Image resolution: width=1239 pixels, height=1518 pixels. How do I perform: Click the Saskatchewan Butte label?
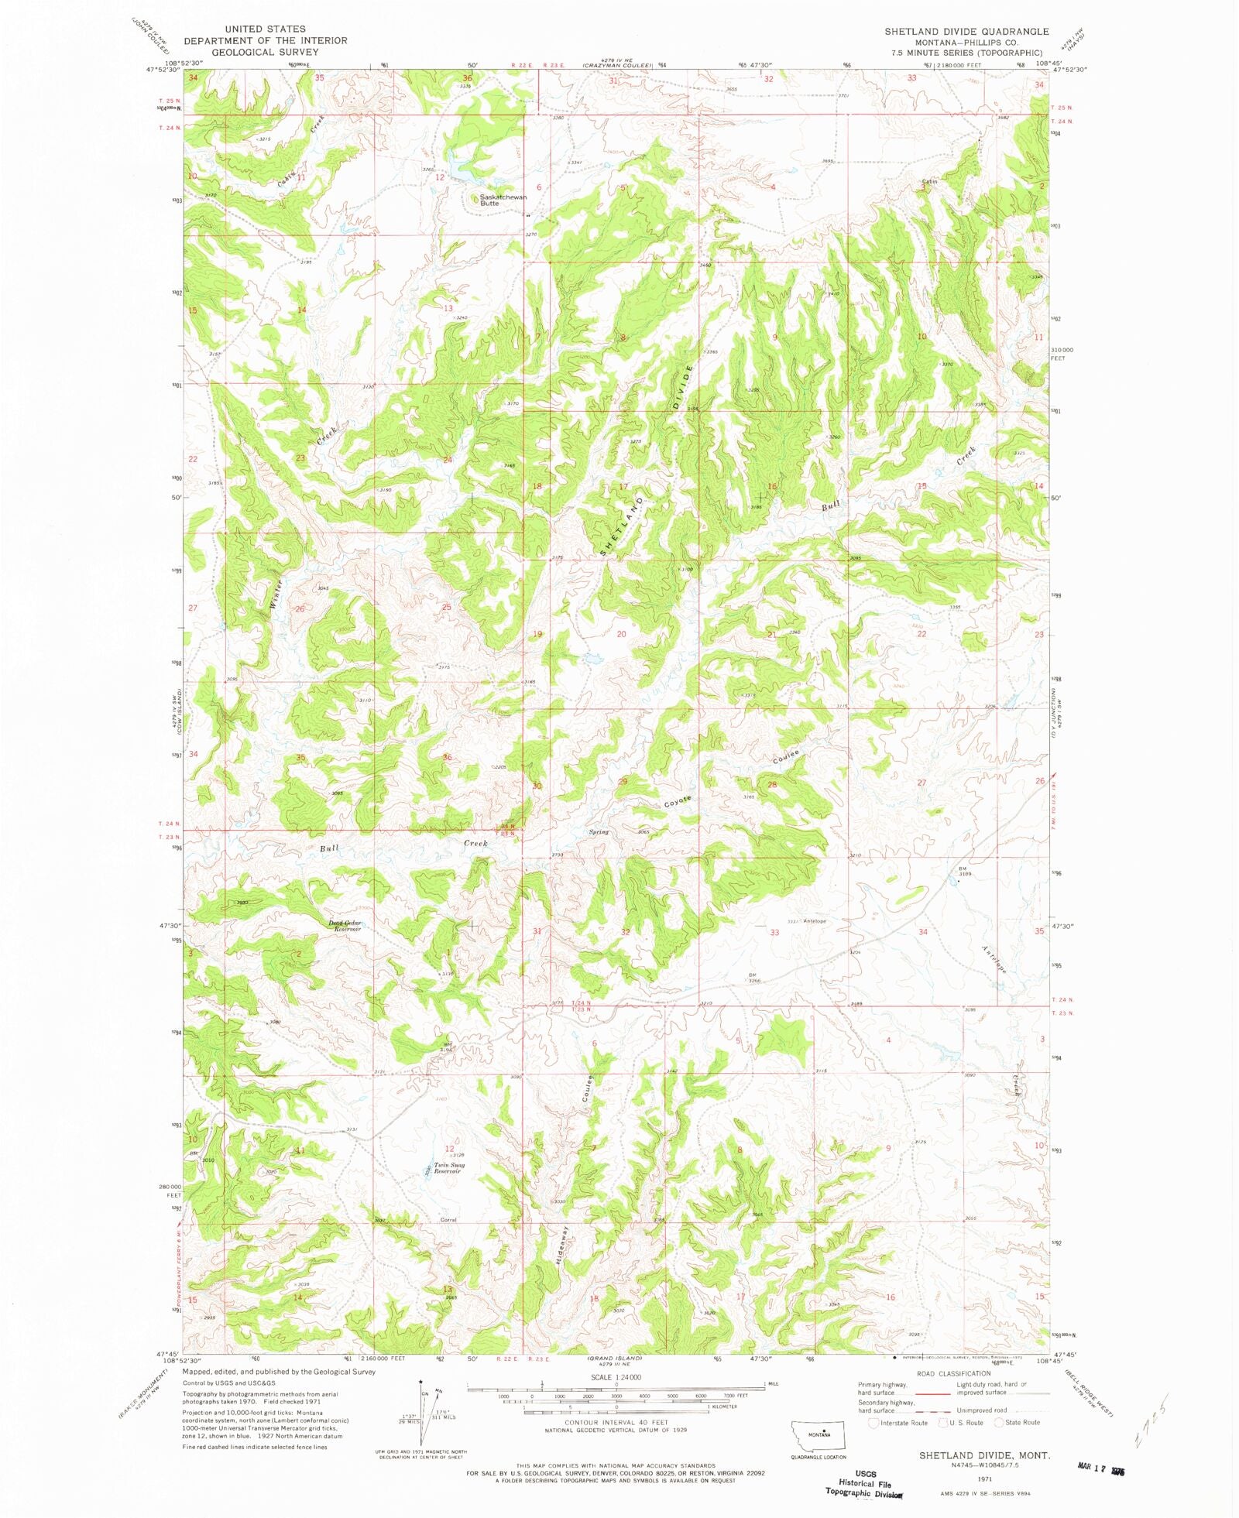[x=502, y=200]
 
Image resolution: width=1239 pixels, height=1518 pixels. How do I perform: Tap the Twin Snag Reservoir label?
[x=449, y=1168]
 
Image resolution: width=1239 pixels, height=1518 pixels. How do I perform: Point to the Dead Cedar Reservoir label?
[x=345, y=926]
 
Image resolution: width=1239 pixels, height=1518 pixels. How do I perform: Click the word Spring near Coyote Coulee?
[x=599, y=832]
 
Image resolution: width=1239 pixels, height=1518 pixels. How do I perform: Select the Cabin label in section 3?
[x=929, y=182]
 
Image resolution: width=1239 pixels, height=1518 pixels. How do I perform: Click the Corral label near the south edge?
[x=448, y=1220]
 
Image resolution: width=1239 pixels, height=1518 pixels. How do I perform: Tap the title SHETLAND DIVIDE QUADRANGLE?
[x=966, y=32]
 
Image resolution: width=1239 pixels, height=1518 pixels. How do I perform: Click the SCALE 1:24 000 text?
[x=616, y=1377]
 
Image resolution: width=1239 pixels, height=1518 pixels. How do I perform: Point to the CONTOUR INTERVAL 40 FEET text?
[x=616, y=1423]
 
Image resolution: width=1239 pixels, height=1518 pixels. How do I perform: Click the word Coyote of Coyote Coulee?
[x=676, y=802]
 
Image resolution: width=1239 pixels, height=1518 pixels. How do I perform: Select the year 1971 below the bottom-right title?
[x=984, y=1479]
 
